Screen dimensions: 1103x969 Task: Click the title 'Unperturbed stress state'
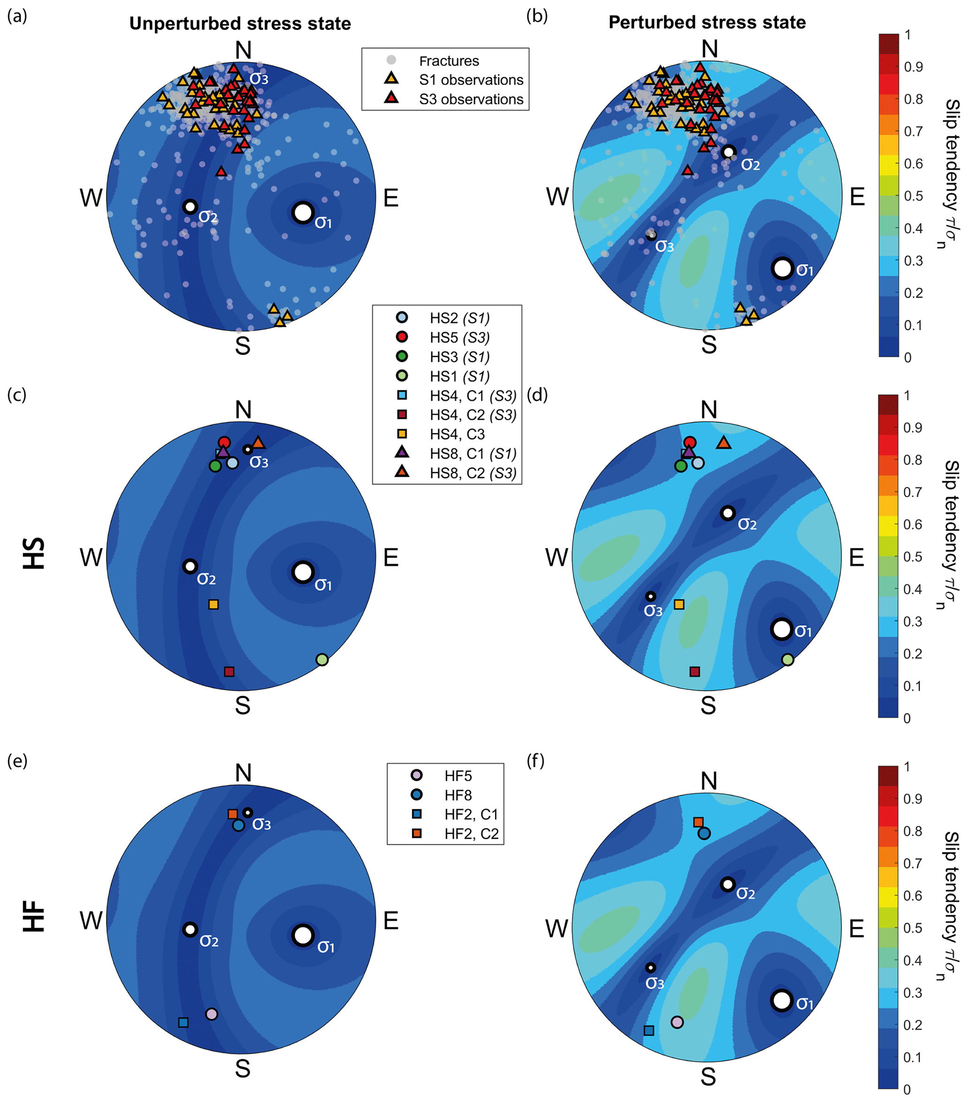[240, 24]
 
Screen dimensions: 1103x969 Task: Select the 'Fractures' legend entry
[449, 61]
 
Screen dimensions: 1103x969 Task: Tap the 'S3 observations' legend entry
[471, 99]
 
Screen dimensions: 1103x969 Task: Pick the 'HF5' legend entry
[458, 776]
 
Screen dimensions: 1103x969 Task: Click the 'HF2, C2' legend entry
[471, 834]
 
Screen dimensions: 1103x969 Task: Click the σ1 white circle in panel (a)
[303, 212]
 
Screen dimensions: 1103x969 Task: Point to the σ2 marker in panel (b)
[728, 152]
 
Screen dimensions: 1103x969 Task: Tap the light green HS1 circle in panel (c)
[322, 659]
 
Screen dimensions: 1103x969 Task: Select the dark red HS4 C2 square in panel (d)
[695, 672]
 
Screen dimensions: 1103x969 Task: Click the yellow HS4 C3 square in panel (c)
[213, 604]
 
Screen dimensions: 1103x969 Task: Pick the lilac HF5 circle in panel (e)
[211, 1014]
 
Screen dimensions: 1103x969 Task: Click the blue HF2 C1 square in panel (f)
[649, 1031]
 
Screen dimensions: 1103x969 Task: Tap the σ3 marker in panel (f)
[651, 968]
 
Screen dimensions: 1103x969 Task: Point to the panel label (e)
[17, 761]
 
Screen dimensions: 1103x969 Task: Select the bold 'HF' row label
[33, 917]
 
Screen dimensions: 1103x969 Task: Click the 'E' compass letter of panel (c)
[391, 558]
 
